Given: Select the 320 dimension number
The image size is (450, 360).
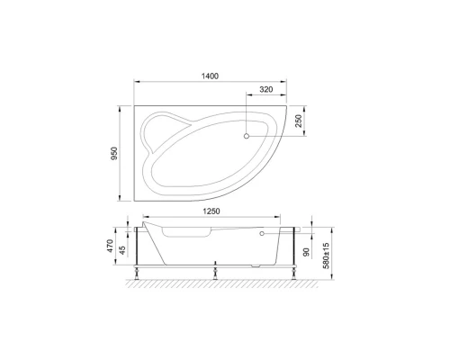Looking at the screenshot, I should [x=266, y=91].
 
